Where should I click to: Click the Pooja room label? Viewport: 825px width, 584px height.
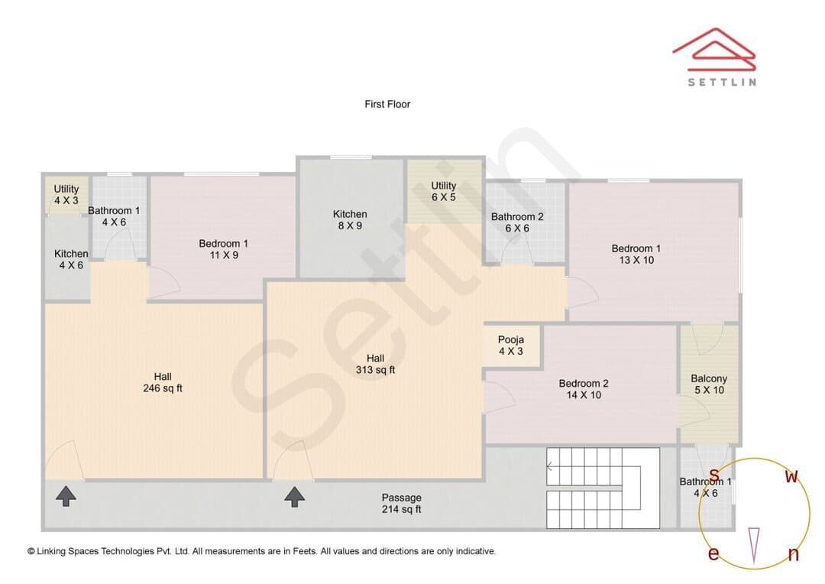[510, 346]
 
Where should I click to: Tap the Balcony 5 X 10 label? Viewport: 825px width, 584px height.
[709, 384]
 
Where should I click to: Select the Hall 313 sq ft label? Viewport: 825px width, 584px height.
[375, 364]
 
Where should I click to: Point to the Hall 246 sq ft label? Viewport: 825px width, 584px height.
[163, 382]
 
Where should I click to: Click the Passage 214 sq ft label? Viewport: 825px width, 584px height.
[402, 504]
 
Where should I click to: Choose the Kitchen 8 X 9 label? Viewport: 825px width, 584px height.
[350, 219]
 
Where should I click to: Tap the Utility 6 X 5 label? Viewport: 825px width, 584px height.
[444, 191]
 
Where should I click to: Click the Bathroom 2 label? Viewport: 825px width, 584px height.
[517, 222]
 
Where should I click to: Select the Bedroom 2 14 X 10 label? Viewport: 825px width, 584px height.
[584, 389]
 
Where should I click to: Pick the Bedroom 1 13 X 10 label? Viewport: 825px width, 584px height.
[636, 254]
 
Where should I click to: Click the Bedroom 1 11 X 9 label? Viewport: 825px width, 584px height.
[224, 249]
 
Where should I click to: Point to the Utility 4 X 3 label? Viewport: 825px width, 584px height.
[66, 194]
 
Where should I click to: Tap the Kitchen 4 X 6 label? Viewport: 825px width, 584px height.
[71, 259]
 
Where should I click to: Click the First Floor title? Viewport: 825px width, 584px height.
[387, 104]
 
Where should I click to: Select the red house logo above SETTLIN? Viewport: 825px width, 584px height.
[714, 49]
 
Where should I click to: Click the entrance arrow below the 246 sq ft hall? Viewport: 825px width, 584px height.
[66, 496]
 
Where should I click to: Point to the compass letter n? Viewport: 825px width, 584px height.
[794, 554]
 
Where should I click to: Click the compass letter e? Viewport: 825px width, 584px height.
[713, 553]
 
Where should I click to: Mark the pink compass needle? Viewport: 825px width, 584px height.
[754, 545]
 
